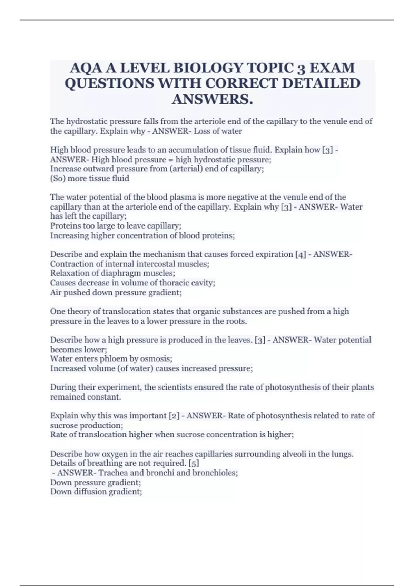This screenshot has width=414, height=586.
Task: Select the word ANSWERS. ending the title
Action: pyautogui.click(x=212, y=99)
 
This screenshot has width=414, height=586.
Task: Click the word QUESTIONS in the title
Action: pyautogui.click(x=109, y=83)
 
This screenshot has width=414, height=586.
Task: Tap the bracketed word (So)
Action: pyautogui.click(x=57, y=179)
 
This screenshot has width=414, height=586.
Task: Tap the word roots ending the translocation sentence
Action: pyautogui.click(x=236, y=321)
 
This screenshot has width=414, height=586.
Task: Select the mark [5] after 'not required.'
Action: pyautogui.click(x=194, y=463)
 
